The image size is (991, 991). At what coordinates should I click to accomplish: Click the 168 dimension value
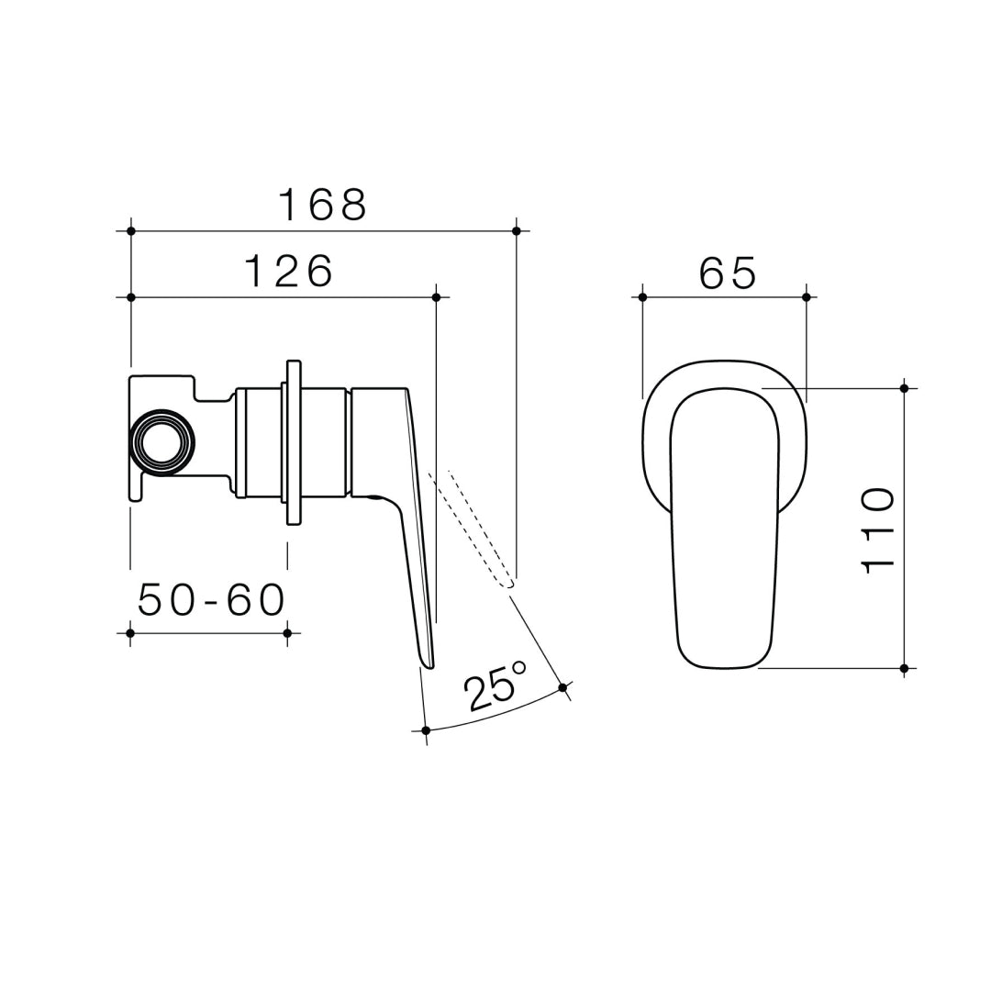click(x=322, y=205)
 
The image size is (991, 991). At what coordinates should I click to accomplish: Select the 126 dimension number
click(x=288, y=272)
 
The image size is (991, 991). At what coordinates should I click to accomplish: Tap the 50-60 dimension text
click(x=211, y=601)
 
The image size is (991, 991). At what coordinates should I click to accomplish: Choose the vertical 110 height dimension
click(x=877, y=531)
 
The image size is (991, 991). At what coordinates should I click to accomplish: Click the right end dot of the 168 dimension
click(x=517, y=230)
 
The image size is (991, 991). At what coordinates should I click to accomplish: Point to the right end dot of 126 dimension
click(x=436, y=297)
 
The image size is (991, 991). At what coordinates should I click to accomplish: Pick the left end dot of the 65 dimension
click(x=642, y=297)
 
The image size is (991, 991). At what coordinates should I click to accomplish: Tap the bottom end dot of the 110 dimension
click(x=904, y=668)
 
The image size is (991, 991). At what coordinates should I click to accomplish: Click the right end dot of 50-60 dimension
click(x=287, y=633)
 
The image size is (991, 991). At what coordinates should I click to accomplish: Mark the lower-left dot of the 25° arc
click(x=426, y=730)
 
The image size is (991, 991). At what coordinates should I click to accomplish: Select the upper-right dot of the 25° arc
click(x=562, y=686)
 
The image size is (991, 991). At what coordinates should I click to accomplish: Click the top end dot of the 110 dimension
click(x=904, y=388)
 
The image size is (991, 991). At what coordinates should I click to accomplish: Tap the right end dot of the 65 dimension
click(x=807, y=297)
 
